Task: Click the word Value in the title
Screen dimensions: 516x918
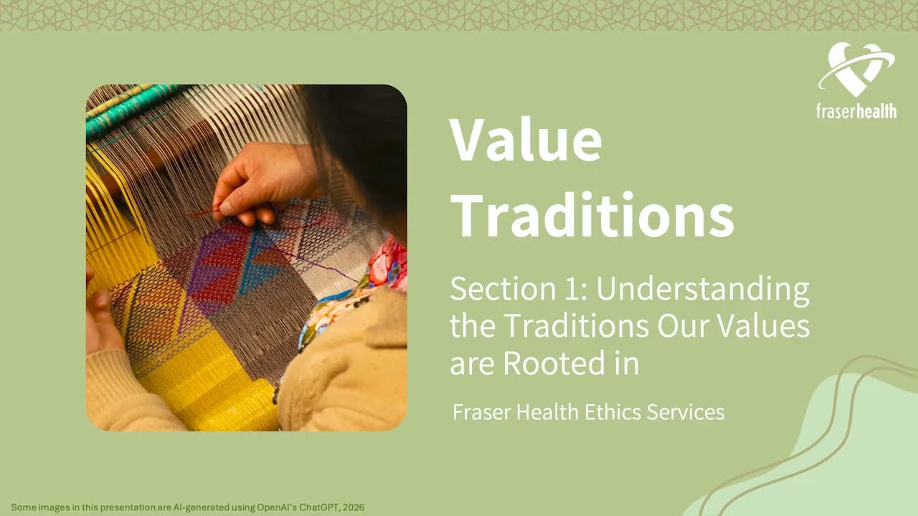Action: coord(525,140)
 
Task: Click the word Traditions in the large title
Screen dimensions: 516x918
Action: coord(592,214)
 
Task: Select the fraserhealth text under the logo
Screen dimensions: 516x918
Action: coord(856,111)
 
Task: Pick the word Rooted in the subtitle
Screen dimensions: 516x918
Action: coord(560,363)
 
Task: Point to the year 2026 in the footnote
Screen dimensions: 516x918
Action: coord(353,507)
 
